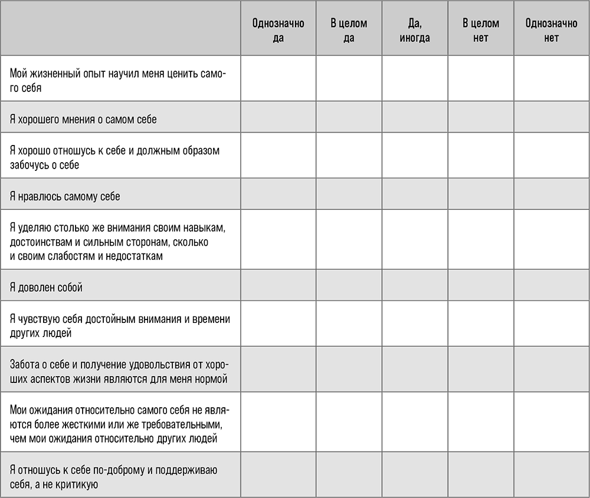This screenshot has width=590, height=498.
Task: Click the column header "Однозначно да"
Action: pyautogui.click(x=278, y=31)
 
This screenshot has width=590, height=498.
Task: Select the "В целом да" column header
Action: pyautogui.click(x=349, y=31)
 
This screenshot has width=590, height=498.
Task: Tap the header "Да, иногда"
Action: pyautogui.click(x=414, y=31)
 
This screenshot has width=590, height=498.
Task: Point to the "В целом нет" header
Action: pyautogui.click(x=481, y=31)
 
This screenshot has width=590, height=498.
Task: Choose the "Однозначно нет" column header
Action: pyautogui.click(x=551, y=31)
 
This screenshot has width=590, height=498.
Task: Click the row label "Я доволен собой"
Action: pyautogui.click(x=47, y=288)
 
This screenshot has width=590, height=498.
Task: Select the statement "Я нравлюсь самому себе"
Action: pyautogui.click(x=65, y=196)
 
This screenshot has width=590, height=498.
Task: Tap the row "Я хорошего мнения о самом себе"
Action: pyautogui.click(x=84, y=119)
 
